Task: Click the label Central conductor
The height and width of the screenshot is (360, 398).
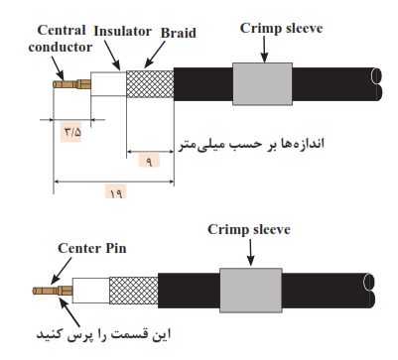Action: [x=61, y=39]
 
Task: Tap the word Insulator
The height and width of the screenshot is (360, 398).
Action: [x=123, y=31]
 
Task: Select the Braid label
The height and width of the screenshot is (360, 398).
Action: [x=179, y=33]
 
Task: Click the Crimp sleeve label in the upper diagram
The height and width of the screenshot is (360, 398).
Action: [x=281, y=28]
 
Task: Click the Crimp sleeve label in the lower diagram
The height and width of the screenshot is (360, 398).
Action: [x=249, y=229]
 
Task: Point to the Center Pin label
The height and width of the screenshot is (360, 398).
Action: [x=92, y=248]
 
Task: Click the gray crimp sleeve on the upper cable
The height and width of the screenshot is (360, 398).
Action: [x=262, y=84]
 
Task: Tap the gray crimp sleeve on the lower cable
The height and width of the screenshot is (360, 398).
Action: [x=251, y=290]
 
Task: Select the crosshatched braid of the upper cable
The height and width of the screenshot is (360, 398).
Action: [x=150, y=84]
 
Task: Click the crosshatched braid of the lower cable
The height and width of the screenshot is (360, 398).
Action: [x=133, y=291]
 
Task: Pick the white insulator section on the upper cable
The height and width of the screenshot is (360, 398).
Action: [x=108, y=84]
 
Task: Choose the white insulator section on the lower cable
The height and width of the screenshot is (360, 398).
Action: [x=91, y=291]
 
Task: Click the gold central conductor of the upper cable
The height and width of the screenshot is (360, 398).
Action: [x=71, y=84]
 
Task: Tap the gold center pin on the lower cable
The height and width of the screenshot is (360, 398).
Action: [x=53, y=291]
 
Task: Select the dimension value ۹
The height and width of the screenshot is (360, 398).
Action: [x=149, y=162]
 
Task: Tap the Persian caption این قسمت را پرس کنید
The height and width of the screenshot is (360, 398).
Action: [x=103, y=334]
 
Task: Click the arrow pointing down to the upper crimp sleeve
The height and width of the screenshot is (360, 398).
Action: [x=264, y=50]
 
